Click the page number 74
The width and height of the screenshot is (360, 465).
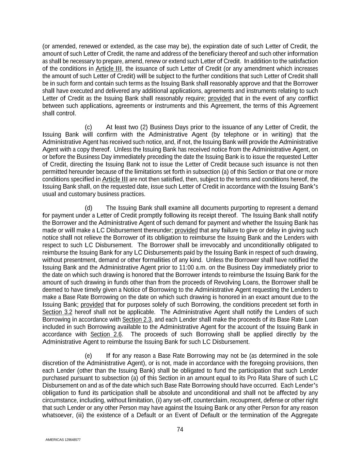pos(180,430)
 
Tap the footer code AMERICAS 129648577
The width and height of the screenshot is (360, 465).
pos(63,440)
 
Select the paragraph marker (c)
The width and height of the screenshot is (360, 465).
pos(88,127)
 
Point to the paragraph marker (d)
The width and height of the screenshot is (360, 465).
pos(88,208)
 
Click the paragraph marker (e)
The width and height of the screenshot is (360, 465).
pos(88,356)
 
